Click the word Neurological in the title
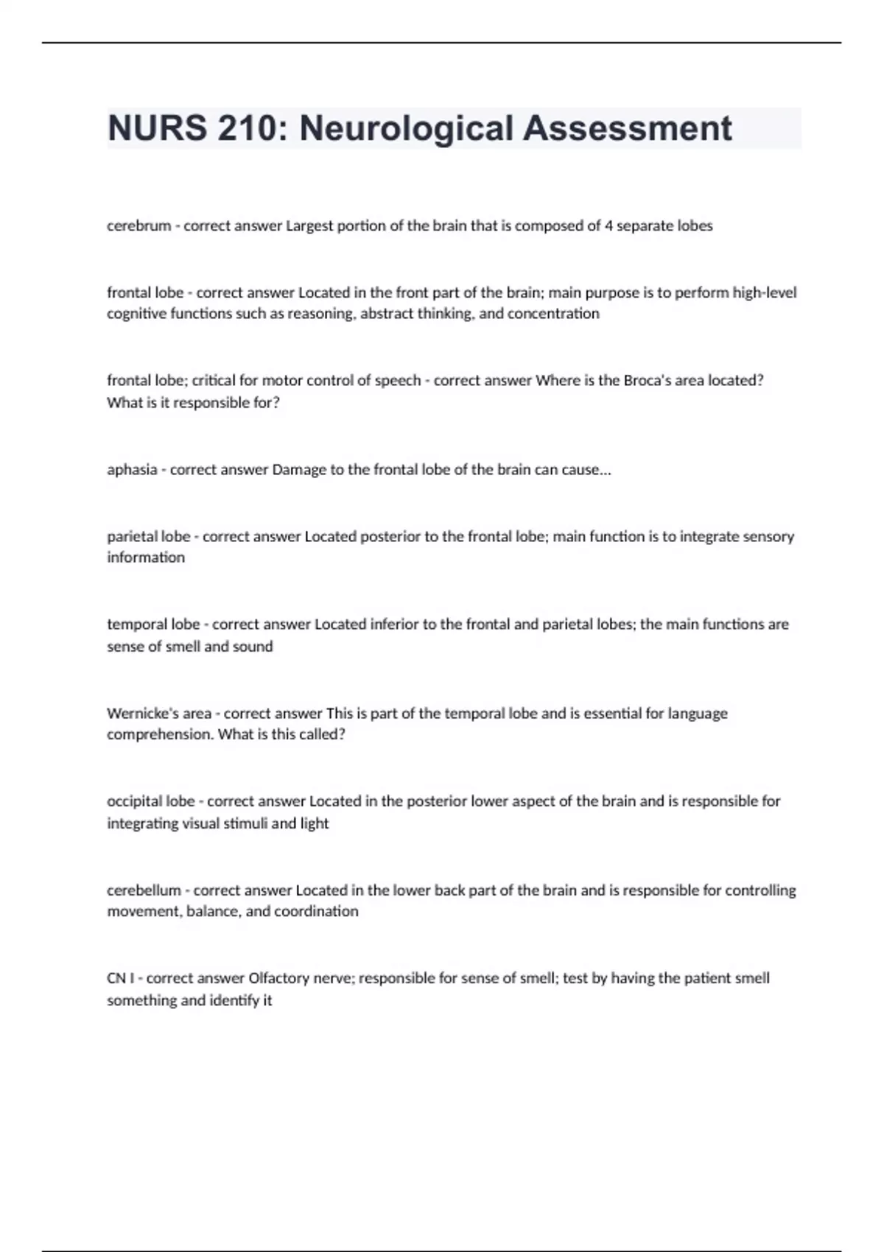tap(406, 129)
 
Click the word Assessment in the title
tap(628, 129)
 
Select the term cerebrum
tap(138, 226)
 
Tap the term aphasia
tap(132, 470)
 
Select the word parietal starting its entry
tap(129, 536)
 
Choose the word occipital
tap(133, 801)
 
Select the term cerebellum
tap(144, 890)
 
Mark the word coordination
tap(316, 911)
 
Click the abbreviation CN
tap(116, 978)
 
